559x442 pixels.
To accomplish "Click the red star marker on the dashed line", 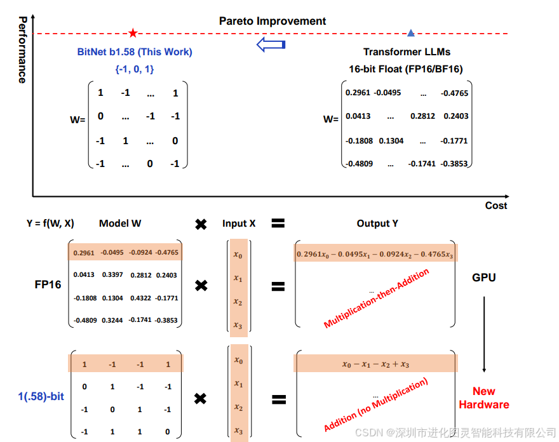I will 133,33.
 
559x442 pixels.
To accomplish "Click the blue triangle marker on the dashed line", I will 411,33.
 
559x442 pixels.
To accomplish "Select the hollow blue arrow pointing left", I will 271,44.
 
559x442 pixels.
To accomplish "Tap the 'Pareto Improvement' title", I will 273,21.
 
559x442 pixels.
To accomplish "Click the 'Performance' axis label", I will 22,50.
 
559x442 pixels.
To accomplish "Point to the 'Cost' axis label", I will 496,205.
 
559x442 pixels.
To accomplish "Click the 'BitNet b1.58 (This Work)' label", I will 135,52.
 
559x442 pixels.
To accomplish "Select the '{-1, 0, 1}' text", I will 135,69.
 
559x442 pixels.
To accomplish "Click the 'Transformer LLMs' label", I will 407,52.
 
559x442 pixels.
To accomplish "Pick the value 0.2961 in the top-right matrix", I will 358,93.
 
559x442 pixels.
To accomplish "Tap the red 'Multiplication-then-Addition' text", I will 377,297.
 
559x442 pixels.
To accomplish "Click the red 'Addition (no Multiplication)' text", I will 376,405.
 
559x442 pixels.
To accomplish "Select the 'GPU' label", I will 484,278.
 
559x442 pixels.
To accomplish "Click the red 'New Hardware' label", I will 484,398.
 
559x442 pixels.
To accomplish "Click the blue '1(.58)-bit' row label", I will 41,397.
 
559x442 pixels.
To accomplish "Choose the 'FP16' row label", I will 48,285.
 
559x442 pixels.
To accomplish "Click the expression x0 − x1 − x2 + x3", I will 375,364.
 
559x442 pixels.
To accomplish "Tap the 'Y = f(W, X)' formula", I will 50,223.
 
